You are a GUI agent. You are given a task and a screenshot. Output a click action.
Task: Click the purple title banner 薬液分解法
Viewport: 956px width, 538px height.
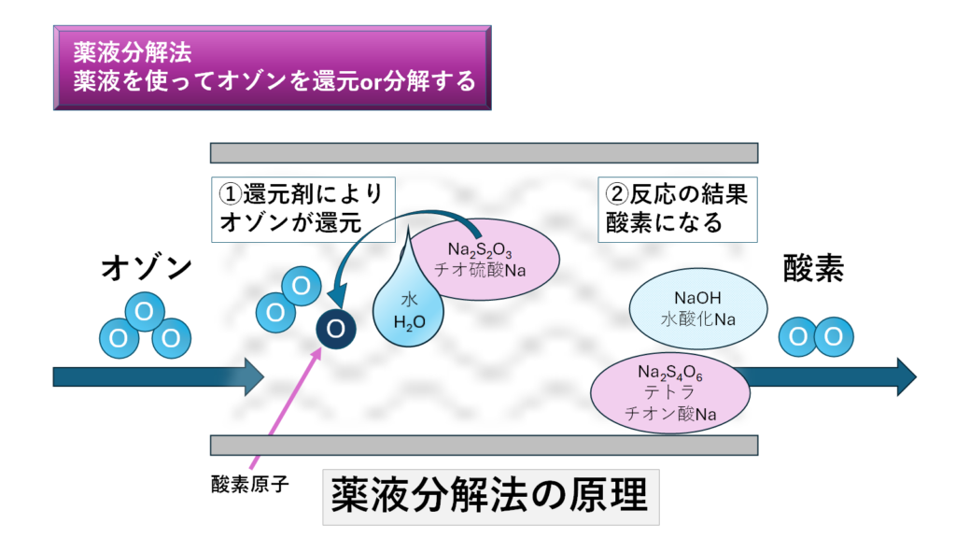272,68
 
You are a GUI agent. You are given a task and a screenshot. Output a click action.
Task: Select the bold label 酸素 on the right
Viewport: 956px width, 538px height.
812,270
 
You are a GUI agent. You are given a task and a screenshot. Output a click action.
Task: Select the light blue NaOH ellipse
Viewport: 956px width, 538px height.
698,308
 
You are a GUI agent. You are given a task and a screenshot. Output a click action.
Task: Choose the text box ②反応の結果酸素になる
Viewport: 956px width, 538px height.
676,208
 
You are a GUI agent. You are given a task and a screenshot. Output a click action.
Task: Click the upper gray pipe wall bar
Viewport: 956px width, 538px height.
484,152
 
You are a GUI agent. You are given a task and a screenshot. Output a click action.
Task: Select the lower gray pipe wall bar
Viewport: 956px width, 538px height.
484,445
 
